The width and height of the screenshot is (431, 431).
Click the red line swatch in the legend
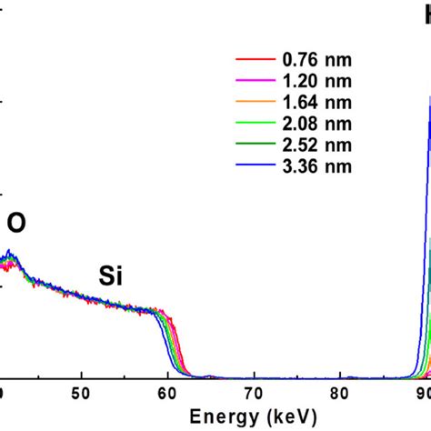pyautogui.click(x=255, y=61)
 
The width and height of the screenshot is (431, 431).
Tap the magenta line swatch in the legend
pyautogui.click(x=255, y=82)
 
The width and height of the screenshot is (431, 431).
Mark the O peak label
pyautogui.click(x=17, y=222)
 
